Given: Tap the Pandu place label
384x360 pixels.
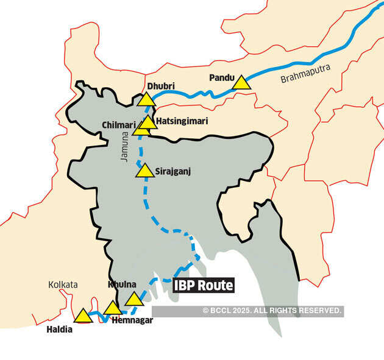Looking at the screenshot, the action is click(221, 77).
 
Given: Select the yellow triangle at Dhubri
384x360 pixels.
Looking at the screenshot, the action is click(147, 100).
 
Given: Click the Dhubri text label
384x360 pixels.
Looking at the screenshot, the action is click(161, 86).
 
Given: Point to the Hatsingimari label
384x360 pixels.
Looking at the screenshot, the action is click(182, 121).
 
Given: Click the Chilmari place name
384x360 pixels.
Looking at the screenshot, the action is click(118, 125).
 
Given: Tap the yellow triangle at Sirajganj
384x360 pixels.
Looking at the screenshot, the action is click(145, 171).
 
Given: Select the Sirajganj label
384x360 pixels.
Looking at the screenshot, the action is click(173, 171).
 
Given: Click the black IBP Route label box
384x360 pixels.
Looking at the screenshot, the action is click(203, 284).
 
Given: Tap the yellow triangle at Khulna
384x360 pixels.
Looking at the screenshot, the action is click(133, 298).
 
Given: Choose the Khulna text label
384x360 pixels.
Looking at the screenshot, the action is click(121, 284).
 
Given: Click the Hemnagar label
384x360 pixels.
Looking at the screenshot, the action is click(132, 320).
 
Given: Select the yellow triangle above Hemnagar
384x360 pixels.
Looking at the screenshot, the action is click(113, 308).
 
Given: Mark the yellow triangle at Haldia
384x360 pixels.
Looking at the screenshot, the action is click(82, 316).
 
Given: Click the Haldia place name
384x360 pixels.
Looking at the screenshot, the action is click(59, 330).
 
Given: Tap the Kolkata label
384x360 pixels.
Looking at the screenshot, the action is click(63, 284).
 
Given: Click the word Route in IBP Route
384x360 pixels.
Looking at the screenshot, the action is click(215, 284).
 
